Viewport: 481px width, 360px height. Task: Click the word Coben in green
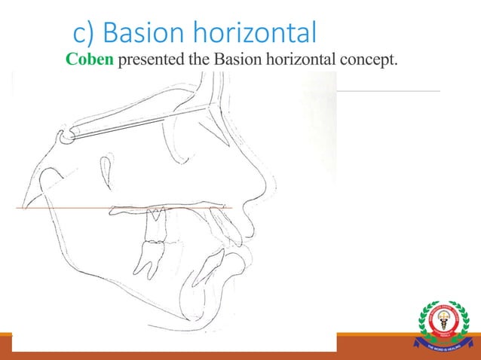click(x=89, y=60)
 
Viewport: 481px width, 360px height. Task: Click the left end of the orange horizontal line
click(x=18, y=206)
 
